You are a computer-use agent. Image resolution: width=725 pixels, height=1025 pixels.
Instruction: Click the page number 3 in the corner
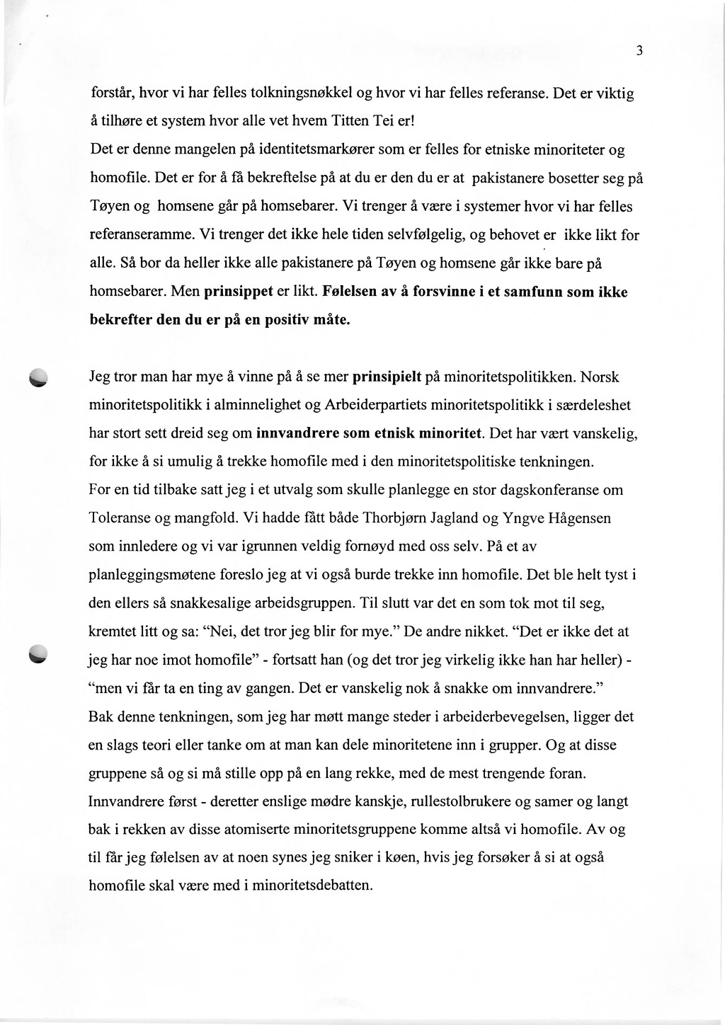click(x=639, y=50)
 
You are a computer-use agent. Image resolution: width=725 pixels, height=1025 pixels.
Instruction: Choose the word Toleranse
click(x=119, y=517)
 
